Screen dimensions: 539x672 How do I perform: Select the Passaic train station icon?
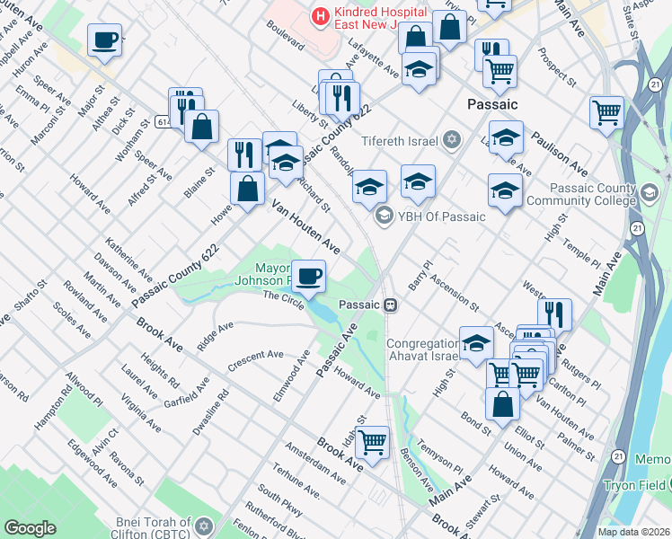click(x=390, y=305)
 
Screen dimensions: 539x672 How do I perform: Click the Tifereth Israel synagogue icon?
click(x=451, y=140)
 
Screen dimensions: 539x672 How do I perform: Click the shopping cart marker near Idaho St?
click(x=371, y=442)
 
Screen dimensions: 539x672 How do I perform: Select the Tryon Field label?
click(x=639, y=484)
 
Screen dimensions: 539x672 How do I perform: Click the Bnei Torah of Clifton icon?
click(x=204, y=525)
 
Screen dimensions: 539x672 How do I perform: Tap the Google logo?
click(x=30, y=527)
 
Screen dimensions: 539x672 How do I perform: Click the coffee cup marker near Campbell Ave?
click(x=105, y=40)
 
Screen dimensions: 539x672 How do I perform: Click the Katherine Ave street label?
click(x=128, y=258)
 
